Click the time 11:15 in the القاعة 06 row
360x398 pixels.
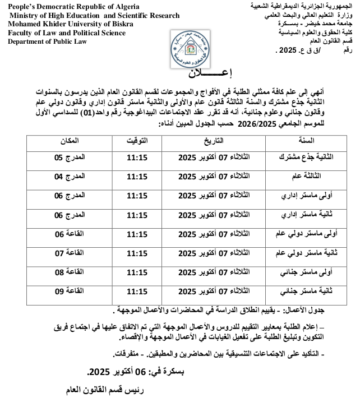137,234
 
